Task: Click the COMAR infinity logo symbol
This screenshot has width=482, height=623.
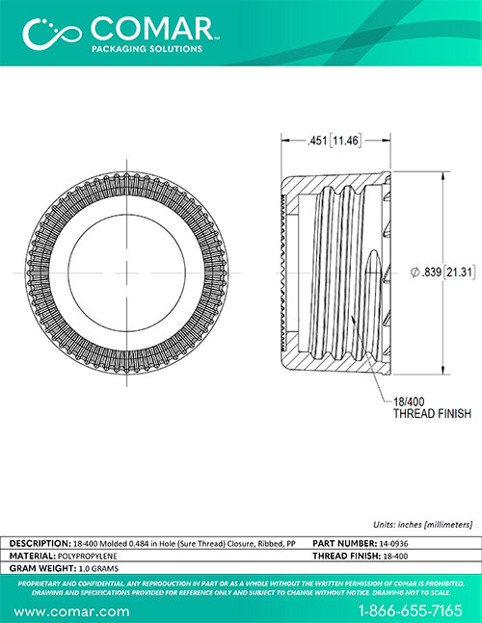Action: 52,33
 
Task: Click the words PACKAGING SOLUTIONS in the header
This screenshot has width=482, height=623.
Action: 147,49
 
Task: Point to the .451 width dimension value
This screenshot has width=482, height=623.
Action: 317,141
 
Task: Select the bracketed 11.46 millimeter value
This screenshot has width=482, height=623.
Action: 345,141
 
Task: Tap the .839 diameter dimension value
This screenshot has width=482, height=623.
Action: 432,273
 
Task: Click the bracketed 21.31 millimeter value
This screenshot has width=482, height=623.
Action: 459,273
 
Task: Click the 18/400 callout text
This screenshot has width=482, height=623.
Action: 409,402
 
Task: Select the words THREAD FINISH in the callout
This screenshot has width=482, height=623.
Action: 432,414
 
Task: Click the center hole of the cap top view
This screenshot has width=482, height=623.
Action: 127,273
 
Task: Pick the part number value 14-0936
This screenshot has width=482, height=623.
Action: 393,543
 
